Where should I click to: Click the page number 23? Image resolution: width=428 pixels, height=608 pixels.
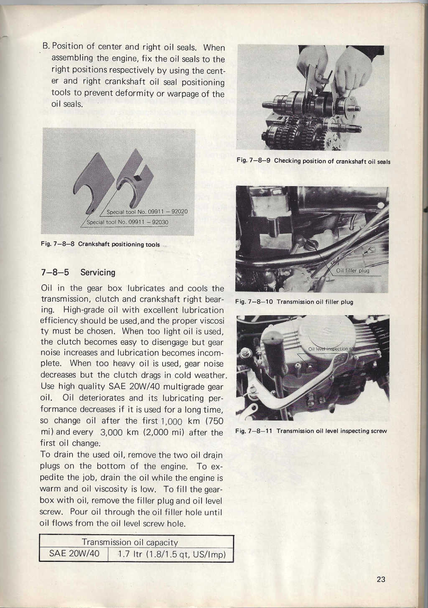(381, 579)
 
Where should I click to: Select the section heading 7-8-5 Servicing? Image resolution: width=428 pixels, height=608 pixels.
(78, 272)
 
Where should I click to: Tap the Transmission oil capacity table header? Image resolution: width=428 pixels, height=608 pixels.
(130, 542)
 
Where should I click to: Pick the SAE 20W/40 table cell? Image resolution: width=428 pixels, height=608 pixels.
(74, 554)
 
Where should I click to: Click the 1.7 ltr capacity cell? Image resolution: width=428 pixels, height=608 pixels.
(171, 555)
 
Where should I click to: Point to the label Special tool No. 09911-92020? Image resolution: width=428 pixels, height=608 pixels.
(147, 212)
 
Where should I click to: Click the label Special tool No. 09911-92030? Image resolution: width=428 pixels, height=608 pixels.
(127, 222)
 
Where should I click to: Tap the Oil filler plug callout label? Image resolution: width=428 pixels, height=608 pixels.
(353, 270)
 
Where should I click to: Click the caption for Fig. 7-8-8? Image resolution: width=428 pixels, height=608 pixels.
(100, 244)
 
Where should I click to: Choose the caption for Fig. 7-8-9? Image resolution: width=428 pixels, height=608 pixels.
(313, 161)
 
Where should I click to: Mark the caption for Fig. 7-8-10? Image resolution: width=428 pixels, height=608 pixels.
(294, 302)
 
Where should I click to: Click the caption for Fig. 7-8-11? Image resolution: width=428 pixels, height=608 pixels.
(311, 431)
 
